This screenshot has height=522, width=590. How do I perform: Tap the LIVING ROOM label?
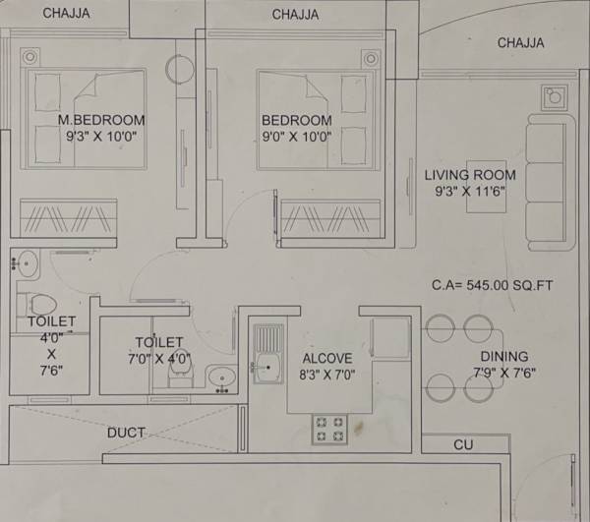[x=470, y=175]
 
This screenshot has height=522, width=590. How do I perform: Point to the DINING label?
[x=504, y=356]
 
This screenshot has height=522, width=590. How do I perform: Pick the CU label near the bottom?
[x=463, y=445]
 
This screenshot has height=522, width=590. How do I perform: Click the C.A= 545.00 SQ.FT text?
[x=493, y=285]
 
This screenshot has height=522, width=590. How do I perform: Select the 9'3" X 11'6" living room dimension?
[x=471, y=193]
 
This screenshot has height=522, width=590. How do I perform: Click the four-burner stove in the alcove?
[x=328, y=427]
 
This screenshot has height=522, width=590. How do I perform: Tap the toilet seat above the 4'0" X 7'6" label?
[x=37, y=301]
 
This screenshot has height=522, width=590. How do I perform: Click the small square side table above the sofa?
[x=554, y=96]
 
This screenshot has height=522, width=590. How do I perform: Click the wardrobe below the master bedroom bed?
[x=68, y=216]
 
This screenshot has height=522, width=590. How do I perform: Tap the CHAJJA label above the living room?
[x=520, y=42]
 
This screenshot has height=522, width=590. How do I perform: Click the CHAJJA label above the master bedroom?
[x=67, y=14]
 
